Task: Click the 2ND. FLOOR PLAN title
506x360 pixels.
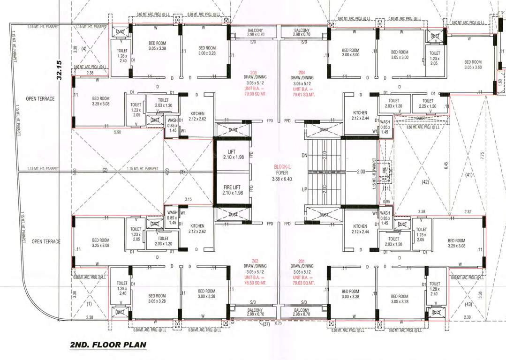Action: click(x=108, y=345)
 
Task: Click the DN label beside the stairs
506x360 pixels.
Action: click(x=304, y=155)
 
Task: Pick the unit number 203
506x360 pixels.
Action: click(x=253, y=73)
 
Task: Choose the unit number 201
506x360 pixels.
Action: click(x=302, y=261)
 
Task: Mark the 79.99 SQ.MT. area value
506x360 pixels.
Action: click(x=253, y=94)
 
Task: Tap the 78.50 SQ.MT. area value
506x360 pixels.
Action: click(x=253, y=283)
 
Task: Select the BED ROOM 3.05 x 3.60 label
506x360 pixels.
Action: click(x=473, y=65)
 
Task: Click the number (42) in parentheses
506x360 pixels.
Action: click(x=425, y=181)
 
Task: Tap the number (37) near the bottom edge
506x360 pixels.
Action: click(x=266, y=324)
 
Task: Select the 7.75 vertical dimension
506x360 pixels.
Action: click(x=483, y=155)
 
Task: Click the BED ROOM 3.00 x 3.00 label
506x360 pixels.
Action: click(x=350, y=52)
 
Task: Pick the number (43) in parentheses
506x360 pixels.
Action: click(x=468, y=304)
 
